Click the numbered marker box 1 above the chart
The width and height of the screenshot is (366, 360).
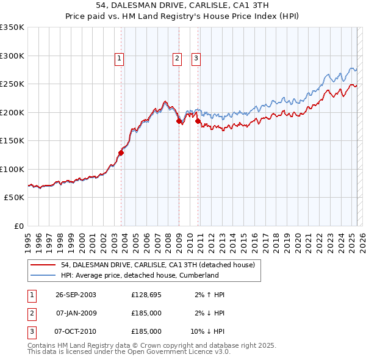point(118,59)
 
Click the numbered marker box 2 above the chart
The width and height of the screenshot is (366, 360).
point(176,59)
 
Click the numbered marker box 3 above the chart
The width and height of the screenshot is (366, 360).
point(196,59)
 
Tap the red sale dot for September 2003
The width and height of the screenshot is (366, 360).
point(121,153)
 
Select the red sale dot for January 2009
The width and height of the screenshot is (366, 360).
point(179,121)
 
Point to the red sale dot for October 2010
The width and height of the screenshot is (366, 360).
point(198,121)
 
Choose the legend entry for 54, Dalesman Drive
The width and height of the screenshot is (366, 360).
point(161,265)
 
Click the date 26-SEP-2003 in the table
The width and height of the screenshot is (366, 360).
point(76,295)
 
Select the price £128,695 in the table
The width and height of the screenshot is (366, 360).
point(146,295)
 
